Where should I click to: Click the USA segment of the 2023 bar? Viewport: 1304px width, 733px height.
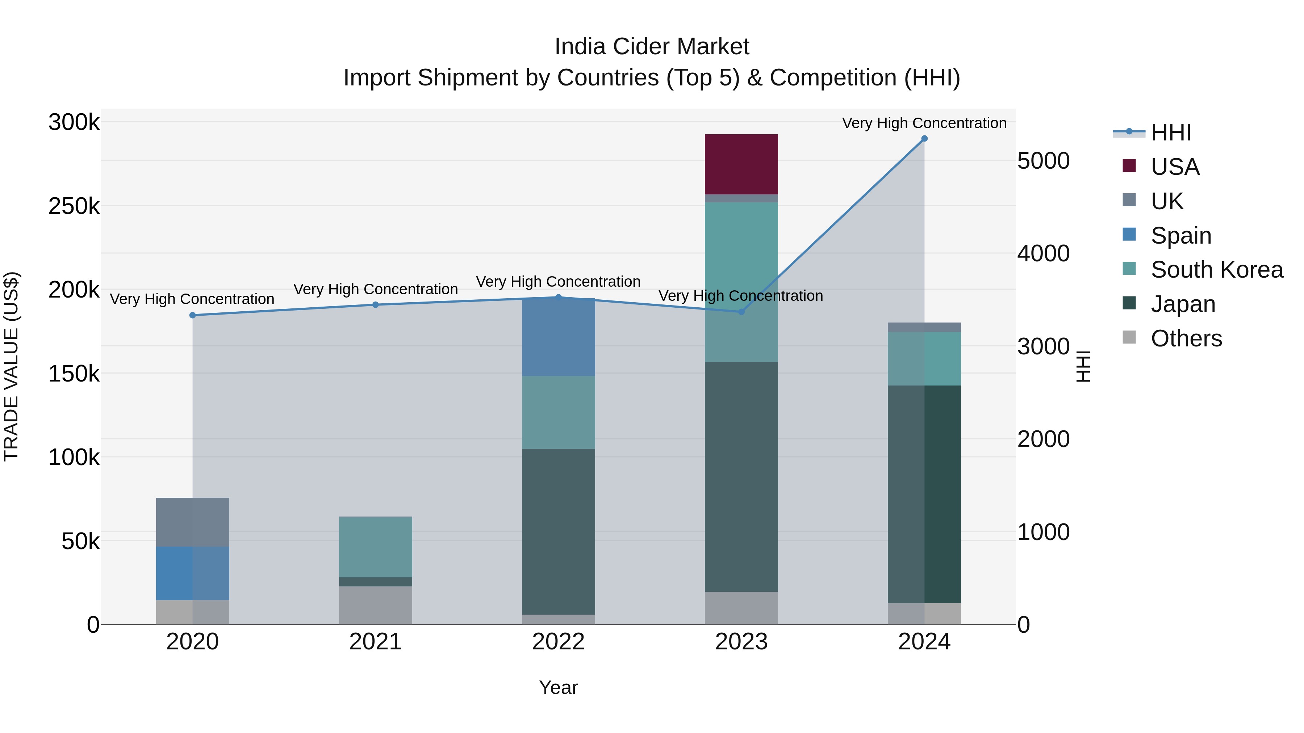(x=741, y=164)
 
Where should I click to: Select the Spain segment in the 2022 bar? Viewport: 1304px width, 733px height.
(x=558, y=337)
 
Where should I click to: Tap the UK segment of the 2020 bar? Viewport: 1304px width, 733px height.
(x=192, y=522)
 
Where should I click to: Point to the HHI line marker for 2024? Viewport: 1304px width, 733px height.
(x=924, y=139)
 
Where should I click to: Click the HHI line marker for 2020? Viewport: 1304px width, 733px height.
(x=192, y=315)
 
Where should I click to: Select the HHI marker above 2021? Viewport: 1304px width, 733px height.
(x=376, y=304)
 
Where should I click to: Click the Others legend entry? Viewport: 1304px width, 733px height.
(x=1186, y=338)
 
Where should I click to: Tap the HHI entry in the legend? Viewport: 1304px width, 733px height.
(x=1170, y=132)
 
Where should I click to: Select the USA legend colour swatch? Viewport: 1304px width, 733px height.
(x=1129, y=166)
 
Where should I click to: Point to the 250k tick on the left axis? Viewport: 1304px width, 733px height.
(x=74, y=206)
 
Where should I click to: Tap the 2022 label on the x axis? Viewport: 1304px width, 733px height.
(x=558, y=642)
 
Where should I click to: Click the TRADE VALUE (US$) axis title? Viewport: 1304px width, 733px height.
(x=11, y=366)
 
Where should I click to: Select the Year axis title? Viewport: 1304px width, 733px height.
(x=558, y=687)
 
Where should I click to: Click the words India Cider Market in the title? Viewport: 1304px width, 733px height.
(x=652, y=47)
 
